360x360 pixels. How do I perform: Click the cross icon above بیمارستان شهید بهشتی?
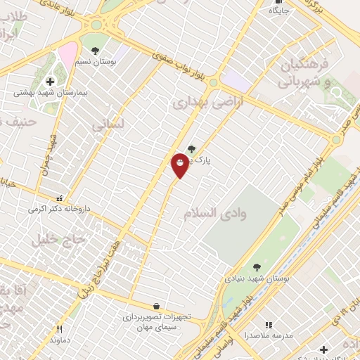(49, 82)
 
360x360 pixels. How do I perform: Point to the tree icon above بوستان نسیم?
(95, 51)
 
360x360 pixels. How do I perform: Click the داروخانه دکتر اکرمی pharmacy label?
(59, 209)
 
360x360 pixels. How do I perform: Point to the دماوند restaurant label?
(60, 340)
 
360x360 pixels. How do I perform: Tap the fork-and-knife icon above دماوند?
(60, 329)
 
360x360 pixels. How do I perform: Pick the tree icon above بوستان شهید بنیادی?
(256, 266)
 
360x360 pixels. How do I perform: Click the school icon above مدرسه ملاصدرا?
(268, 324)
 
